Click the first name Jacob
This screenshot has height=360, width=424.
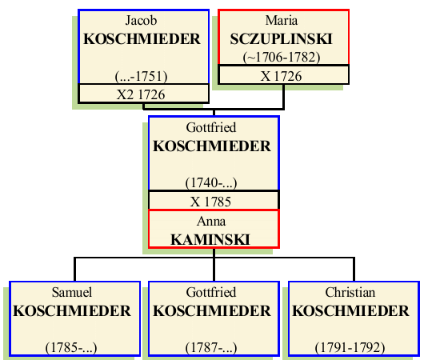coord(143,20)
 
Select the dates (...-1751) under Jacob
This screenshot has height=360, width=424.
coord(143,76)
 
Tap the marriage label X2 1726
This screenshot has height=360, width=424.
coord(143,94)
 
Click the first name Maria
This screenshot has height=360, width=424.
coord(283,20)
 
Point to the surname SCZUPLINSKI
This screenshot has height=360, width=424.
coord(283,38)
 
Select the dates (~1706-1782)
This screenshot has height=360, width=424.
coord(283,57)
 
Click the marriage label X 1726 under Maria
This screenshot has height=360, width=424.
coord(283,75)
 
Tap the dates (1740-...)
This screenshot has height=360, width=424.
coord(213,183)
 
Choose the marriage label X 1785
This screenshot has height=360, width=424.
coord(213,201)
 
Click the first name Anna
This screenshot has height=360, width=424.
coord(213,221)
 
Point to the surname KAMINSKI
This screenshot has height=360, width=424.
coord(213,238)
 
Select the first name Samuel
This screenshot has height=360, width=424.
coord(73,293)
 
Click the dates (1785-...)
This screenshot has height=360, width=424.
coord(73,348)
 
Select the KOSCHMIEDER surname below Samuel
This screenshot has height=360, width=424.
coord(73,311)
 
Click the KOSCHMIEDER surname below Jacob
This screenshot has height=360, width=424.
coord(143,38)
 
